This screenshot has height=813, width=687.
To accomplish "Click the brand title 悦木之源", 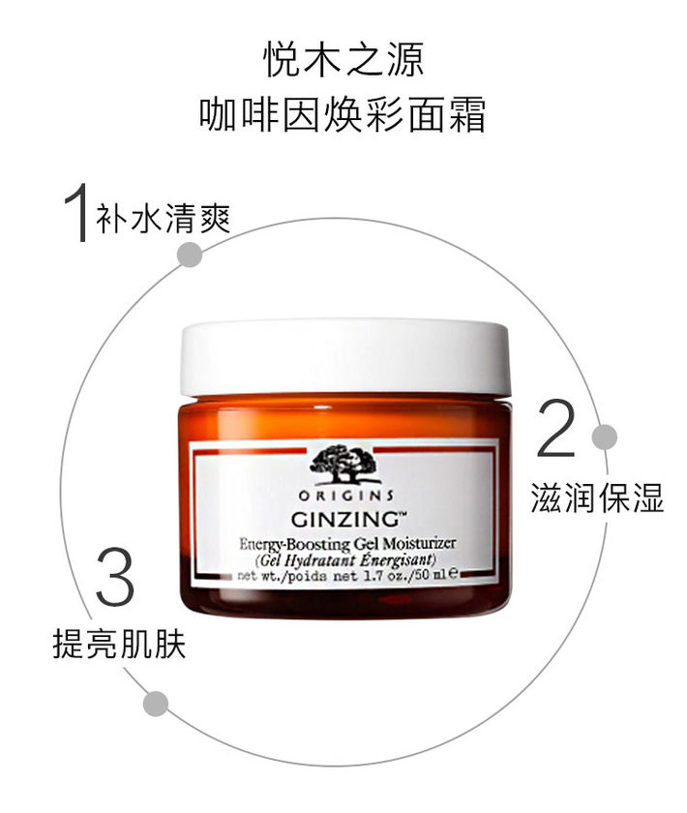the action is click(343, 60).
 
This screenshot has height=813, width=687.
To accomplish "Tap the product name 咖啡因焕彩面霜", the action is click(343, 114).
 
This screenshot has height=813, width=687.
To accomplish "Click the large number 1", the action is click(76, 212).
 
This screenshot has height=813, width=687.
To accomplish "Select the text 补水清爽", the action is click(163, 219).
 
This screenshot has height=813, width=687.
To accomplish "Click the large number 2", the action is click(555, 428).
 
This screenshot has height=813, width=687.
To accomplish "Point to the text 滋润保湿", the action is click(597, 497).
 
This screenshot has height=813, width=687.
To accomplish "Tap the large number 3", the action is click(115, 576).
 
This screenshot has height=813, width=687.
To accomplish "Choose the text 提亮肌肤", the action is click(119, 644).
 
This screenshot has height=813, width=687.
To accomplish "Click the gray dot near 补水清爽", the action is click(190, 255).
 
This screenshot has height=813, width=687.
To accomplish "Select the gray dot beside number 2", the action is click(605, 437).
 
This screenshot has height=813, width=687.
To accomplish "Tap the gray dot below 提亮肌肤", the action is click(156, 705).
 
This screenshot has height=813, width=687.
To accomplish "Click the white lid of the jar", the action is click(344, 358).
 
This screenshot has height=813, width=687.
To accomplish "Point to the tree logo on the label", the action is click(344, 464).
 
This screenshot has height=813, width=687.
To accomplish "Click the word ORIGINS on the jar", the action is click(345, 496).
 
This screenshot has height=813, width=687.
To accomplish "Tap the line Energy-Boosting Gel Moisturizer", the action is click(346, 543).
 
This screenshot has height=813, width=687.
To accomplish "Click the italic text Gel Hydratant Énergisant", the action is click(345, 560).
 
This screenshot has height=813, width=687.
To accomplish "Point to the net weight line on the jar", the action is click(347, 575).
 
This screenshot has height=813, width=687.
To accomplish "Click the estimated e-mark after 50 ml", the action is click(453, 573).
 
